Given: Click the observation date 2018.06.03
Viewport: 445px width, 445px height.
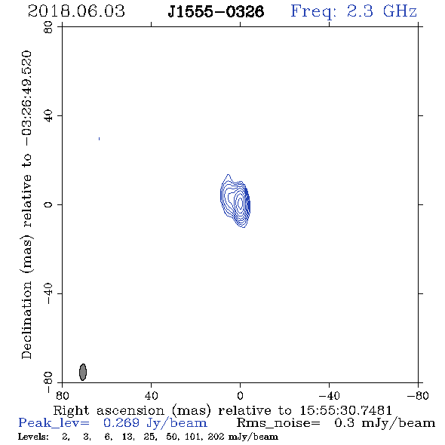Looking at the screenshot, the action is (x=76, y=11).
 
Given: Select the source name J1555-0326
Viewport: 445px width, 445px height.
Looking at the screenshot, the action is (x=216, y=11).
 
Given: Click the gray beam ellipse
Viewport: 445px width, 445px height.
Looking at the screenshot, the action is (x=82, y=372).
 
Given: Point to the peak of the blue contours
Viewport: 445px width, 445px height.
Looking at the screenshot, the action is (x=241, y=203).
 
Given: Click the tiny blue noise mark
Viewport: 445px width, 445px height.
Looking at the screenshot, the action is (x=99, y=139).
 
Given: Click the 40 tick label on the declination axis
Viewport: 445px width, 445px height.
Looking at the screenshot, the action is (x=48, y=116).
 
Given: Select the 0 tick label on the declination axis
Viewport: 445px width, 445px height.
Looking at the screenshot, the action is (x=48, y=204).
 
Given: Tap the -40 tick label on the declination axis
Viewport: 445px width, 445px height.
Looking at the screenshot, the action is (x=48, y=293).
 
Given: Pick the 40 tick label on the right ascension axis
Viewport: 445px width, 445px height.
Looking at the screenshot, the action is (x=151, y=396).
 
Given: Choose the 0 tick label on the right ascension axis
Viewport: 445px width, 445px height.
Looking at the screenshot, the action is (x=240, y=396).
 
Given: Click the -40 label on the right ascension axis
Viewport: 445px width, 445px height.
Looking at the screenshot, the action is (x=329, y=396).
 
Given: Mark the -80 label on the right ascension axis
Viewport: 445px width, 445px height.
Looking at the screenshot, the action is (x=418, y=396).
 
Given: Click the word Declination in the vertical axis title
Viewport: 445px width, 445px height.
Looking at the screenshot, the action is (x=26, y=321).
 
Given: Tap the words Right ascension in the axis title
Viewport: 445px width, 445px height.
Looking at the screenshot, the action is (x=109, y=410).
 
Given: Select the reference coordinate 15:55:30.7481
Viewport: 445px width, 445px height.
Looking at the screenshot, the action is (x=345, y=410).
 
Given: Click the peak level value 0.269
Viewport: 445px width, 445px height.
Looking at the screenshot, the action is (x=121, y=423).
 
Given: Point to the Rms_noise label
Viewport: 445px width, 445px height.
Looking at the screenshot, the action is (x=278, y=423).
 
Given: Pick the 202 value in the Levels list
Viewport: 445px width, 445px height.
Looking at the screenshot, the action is (x=216, y=437).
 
